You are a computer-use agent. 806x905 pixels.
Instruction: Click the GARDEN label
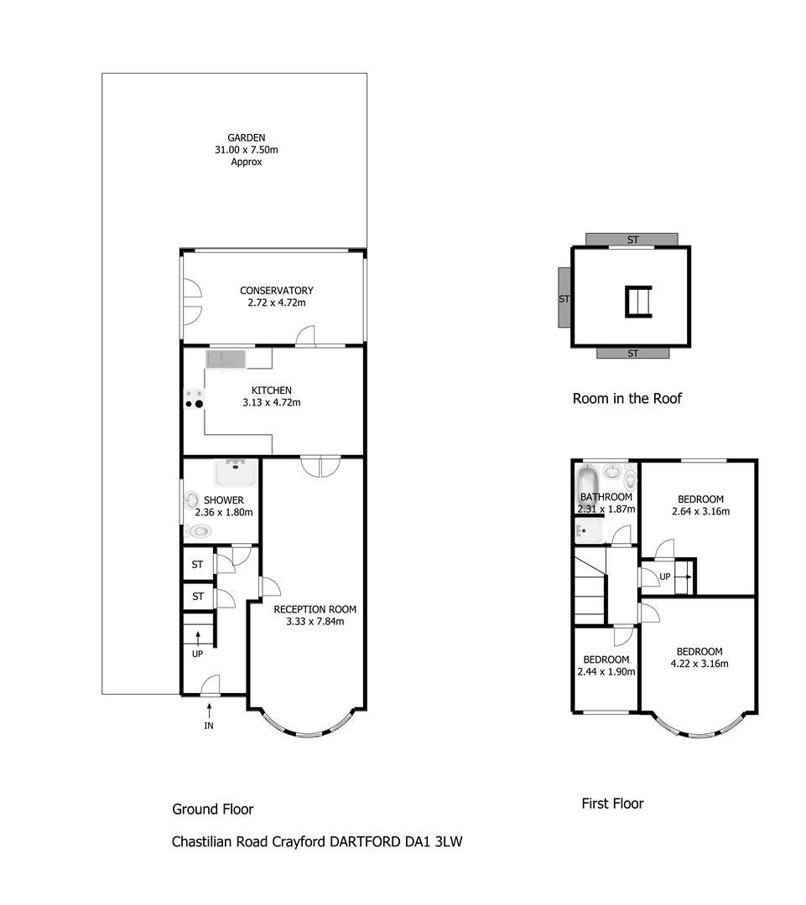pyautogui.click(x=246, y=137)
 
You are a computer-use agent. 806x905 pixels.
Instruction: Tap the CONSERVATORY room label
pyautogui.click(x=277, y=290)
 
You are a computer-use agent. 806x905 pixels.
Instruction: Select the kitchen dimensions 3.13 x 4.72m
pyautogui.click(x=272, y=403)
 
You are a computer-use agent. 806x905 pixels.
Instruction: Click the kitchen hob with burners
pyautogui.click(x=194, y=399)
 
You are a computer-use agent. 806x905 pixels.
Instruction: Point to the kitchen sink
pyautogui.click(x=226, y=359)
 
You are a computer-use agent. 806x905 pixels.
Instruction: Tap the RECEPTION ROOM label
pyautogui.click(x=315, y=609)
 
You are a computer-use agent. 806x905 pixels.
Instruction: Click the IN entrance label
pyautogui.click(x=209, y=726)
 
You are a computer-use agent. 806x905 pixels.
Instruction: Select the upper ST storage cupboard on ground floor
pyautogui.click(x=198, y=564)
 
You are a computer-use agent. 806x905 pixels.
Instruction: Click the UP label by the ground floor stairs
pyautogui.click(x=198, y=654)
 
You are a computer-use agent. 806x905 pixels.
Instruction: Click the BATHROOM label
pyautogui.click(x=606, y=497)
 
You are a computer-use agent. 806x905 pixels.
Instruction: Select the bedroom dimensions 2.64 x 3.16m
pyautogui.click(x=701, y=511)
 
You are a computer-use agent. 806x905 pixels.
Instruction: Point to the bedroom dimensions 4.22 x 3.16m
pyautogui.click(x=699, y=664)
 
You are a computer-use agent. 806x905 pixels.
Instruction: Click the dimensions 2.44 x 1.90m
pyautogui.click(x=606, y=672)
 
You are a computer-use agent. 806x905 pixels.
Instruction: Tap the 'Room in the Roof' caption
pyautogui.click(x=627, y=398)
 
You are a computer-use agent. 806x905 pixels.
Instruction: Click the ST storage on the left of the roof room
pyautogui.click(x=564, y=297)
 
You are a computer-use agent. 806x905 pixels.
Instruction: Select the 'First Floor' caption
pyautogui.click(x=612, y=804)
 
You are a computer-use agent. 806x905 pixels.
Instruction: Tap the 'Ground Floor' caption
pyautogui.click(x=213, y=809)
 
